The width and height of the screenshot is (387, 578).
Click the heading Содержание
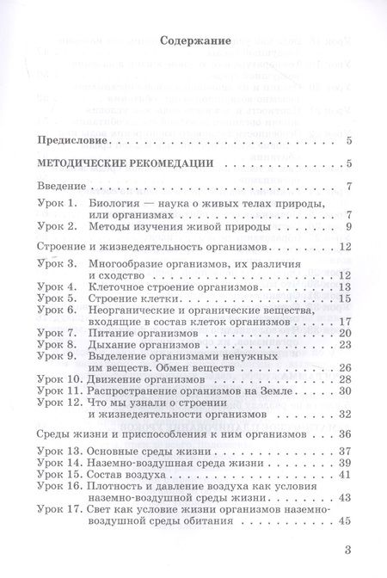(193, 38)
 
